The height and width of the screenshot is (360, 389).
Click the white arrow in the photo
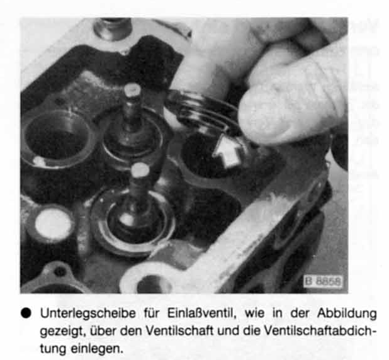pyautogui.click(x=227, y=151)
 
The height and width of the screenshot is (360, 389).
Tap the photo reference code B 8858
pyautogui.click(x=323, y=281)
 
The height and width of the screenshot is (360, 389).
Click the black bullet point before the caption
pyautogui.click(x=26, y=313)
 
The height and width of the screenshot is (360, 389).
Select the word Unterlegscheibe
pyautogui.click(x=88, y=313)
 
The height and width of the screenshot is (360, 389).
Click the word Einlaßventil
pyautogui.click(x=201, y=313)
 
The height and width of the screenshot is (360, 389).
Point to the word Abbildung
pyautogui.click(x=347, y=313)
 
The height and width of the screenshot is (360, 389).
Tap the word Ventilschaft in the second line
pyautogui.click(x=179, y=330)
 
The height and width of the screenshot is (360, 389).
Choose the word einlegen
pyautogui.click(x=97, y=349)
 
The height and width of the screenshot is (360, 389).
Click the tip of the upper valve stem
pyautogui.click(x=132, y=90)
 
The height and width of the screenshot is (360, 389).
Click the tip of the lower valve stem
pyautogui.click(x=140, y=170)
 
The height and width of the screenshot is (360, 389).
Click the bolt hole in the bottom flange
pyautogui.click(x=152, y=284)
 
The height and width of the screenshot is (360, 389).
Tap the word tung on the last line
pyautogui.click(x=53, y=349)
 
